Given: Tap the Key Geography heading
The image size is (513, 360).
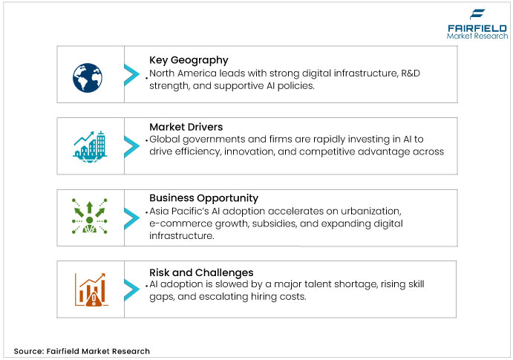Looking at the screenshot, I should (x=189, y=59).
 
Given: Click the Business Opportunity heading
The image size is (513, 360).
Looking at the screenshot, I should (x=203, y=198).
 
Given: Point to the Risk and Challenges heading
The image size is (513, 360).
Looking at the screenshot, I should (x=201, y=272).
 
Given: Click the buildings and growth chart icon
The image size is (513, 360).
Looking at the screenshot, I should (x=89, y=145).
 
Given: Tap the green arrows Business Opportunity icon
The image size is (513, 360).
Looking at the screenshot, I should (x=89, y=216).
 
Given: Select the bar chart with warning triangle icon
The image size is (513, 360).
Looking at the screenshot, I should (x=89, y=289).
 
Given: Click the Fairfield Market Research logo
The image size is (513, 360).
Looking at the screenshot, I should (x=477, y=24).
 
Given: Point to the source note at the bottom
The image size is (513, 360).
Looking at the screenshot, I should (x=82, y=351).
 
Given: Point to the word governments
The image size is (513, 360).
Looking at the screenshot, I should (x=209, y=140).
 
